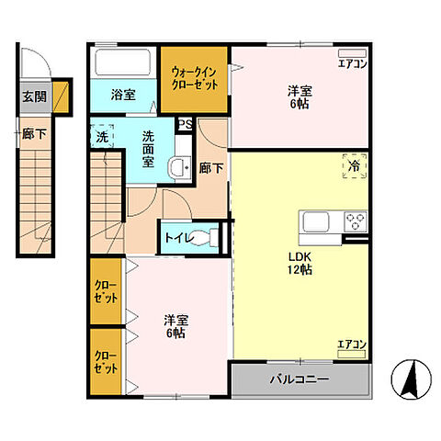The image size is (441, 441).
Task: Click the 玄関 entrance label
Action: click(35, 96)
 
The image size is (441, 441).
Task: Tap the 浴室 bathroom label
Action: click(123, 95)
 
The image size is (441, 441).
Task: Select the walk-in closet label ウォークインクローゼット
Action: click(195, 78)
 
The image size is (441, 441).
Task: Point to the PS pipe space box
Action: click(186, 124)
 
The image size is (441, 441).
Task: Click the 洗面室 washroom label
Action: click(148, 149)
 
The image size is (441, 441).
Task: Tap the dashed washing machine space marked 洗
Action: click(102, 136)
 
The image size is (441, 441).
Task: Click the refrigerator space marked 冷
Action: click(355, 165)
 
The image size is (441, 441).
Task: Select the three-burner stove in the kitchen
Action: click(356, 221)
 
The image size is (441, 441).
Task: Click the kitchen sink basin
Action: click(316, 221)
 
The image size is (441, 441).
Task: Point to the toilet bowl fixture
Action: click(205, 237)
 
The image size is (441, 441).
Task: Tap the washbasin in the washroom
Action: click(179, 167)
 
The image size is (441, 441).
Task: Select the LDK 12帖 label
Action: click(300, 263)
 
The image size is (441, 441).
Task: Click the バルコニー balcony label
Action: click(300, 379)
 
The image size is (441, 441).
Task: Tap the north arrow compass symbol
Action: click(412, 379)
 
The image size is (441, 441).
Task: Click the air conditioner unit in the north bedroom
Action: click(352, 53)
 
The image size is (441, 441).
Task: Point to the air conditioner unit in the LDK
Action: click(352, 354)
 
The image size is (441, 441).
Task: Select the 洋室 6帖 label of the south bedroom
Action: click(175, 326)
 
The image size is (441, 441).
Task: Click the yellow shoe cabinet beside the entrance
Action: click(61, 97)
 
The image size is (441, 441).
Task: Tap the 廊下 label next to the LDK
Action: click(211, 168)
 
